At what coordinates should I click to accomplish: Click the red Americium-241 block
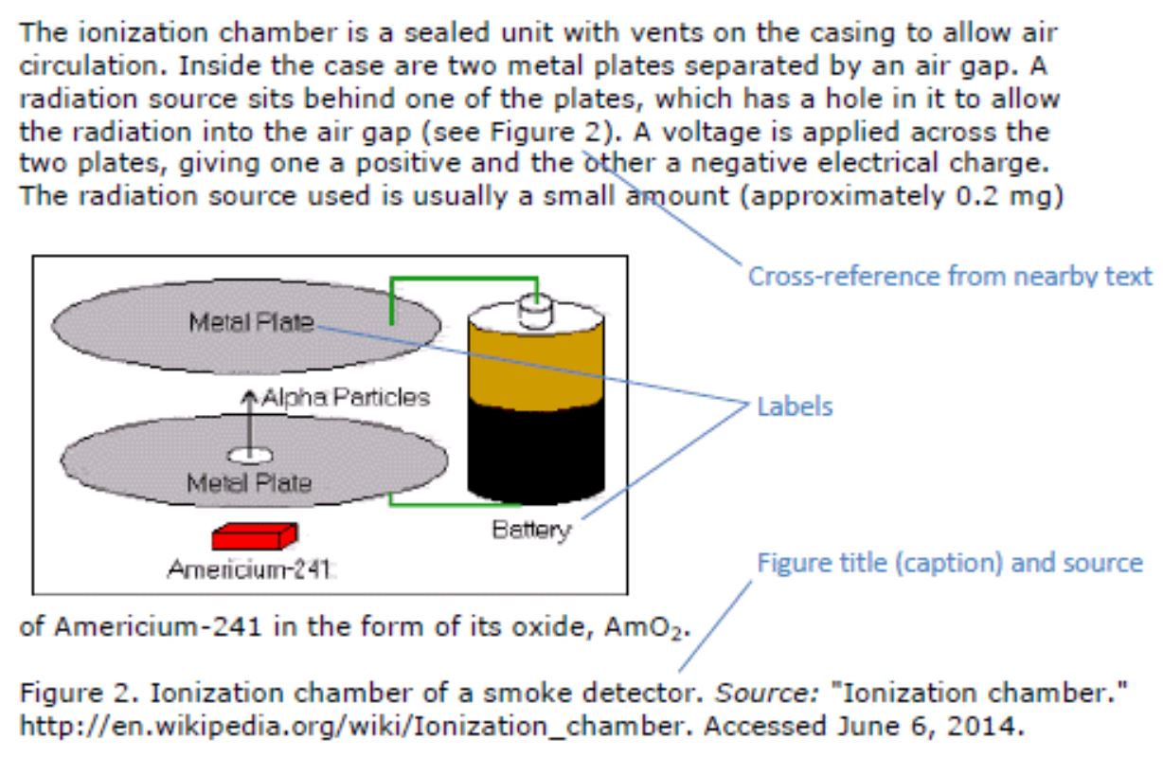pos(254,537)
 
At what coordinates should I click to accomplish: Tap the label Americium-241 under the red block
pos(249,569)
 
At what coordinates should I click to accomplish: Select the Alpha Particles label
pos(346,397)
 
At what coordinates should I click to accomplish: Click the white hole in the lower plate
pos(250,455)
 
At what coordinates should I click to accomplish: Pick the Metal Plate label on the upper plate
pos(251,322)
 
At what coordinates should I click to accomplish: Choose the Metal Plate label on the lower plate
pos(249,483)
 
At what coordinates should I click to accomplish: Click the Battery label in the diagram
pos(531,530)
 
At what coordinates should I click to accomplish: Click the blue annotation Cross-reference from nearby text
pos(950,277)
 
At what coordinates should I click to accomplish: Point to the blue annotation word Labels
pos(794,407)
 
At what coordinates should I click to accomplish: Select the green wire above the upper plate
pos(464,279)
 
